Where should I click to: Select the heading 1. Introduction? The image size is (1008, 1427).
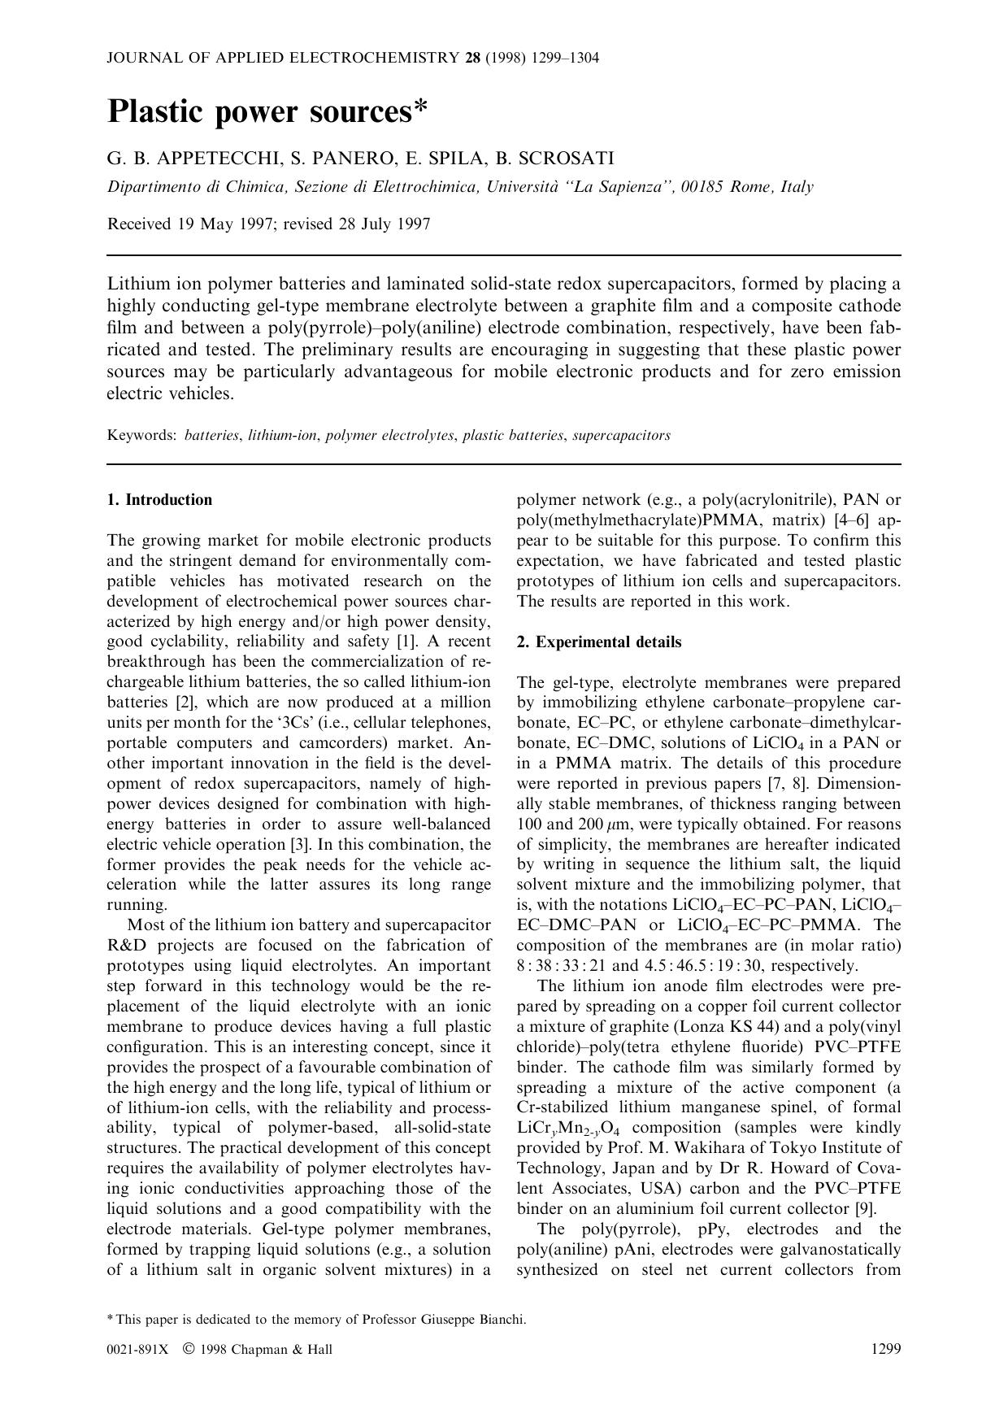pyautogui.click(x=159, y=500)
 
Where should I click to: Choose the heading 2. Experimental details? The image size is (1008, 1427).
pyautogui.click(x=599, y=642)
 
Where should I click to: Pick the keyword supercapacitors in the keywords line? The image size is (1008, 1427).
pyautogui.click(x=621, y=435)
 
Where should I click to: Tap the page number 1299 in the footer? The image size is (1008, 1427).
pyautogui.click(x=885, y=1349)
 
